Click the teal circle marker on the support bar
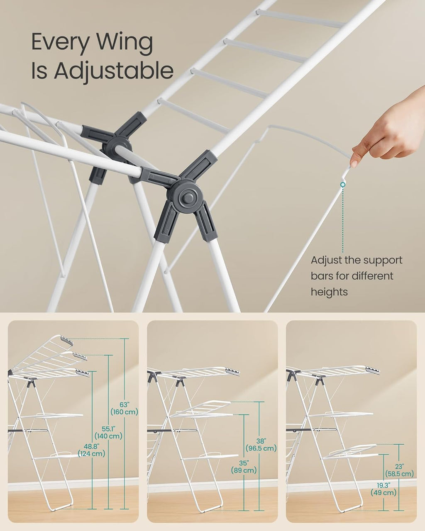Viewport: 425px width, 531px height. click(x=343, y=184)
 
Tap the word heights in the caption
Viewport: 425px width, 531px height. click(x=330, y=292)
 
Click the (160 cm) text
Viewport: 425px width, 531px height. click(x=124, y=412)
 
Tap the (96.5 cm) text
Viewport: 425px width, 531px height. click(x=261, y=448)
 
